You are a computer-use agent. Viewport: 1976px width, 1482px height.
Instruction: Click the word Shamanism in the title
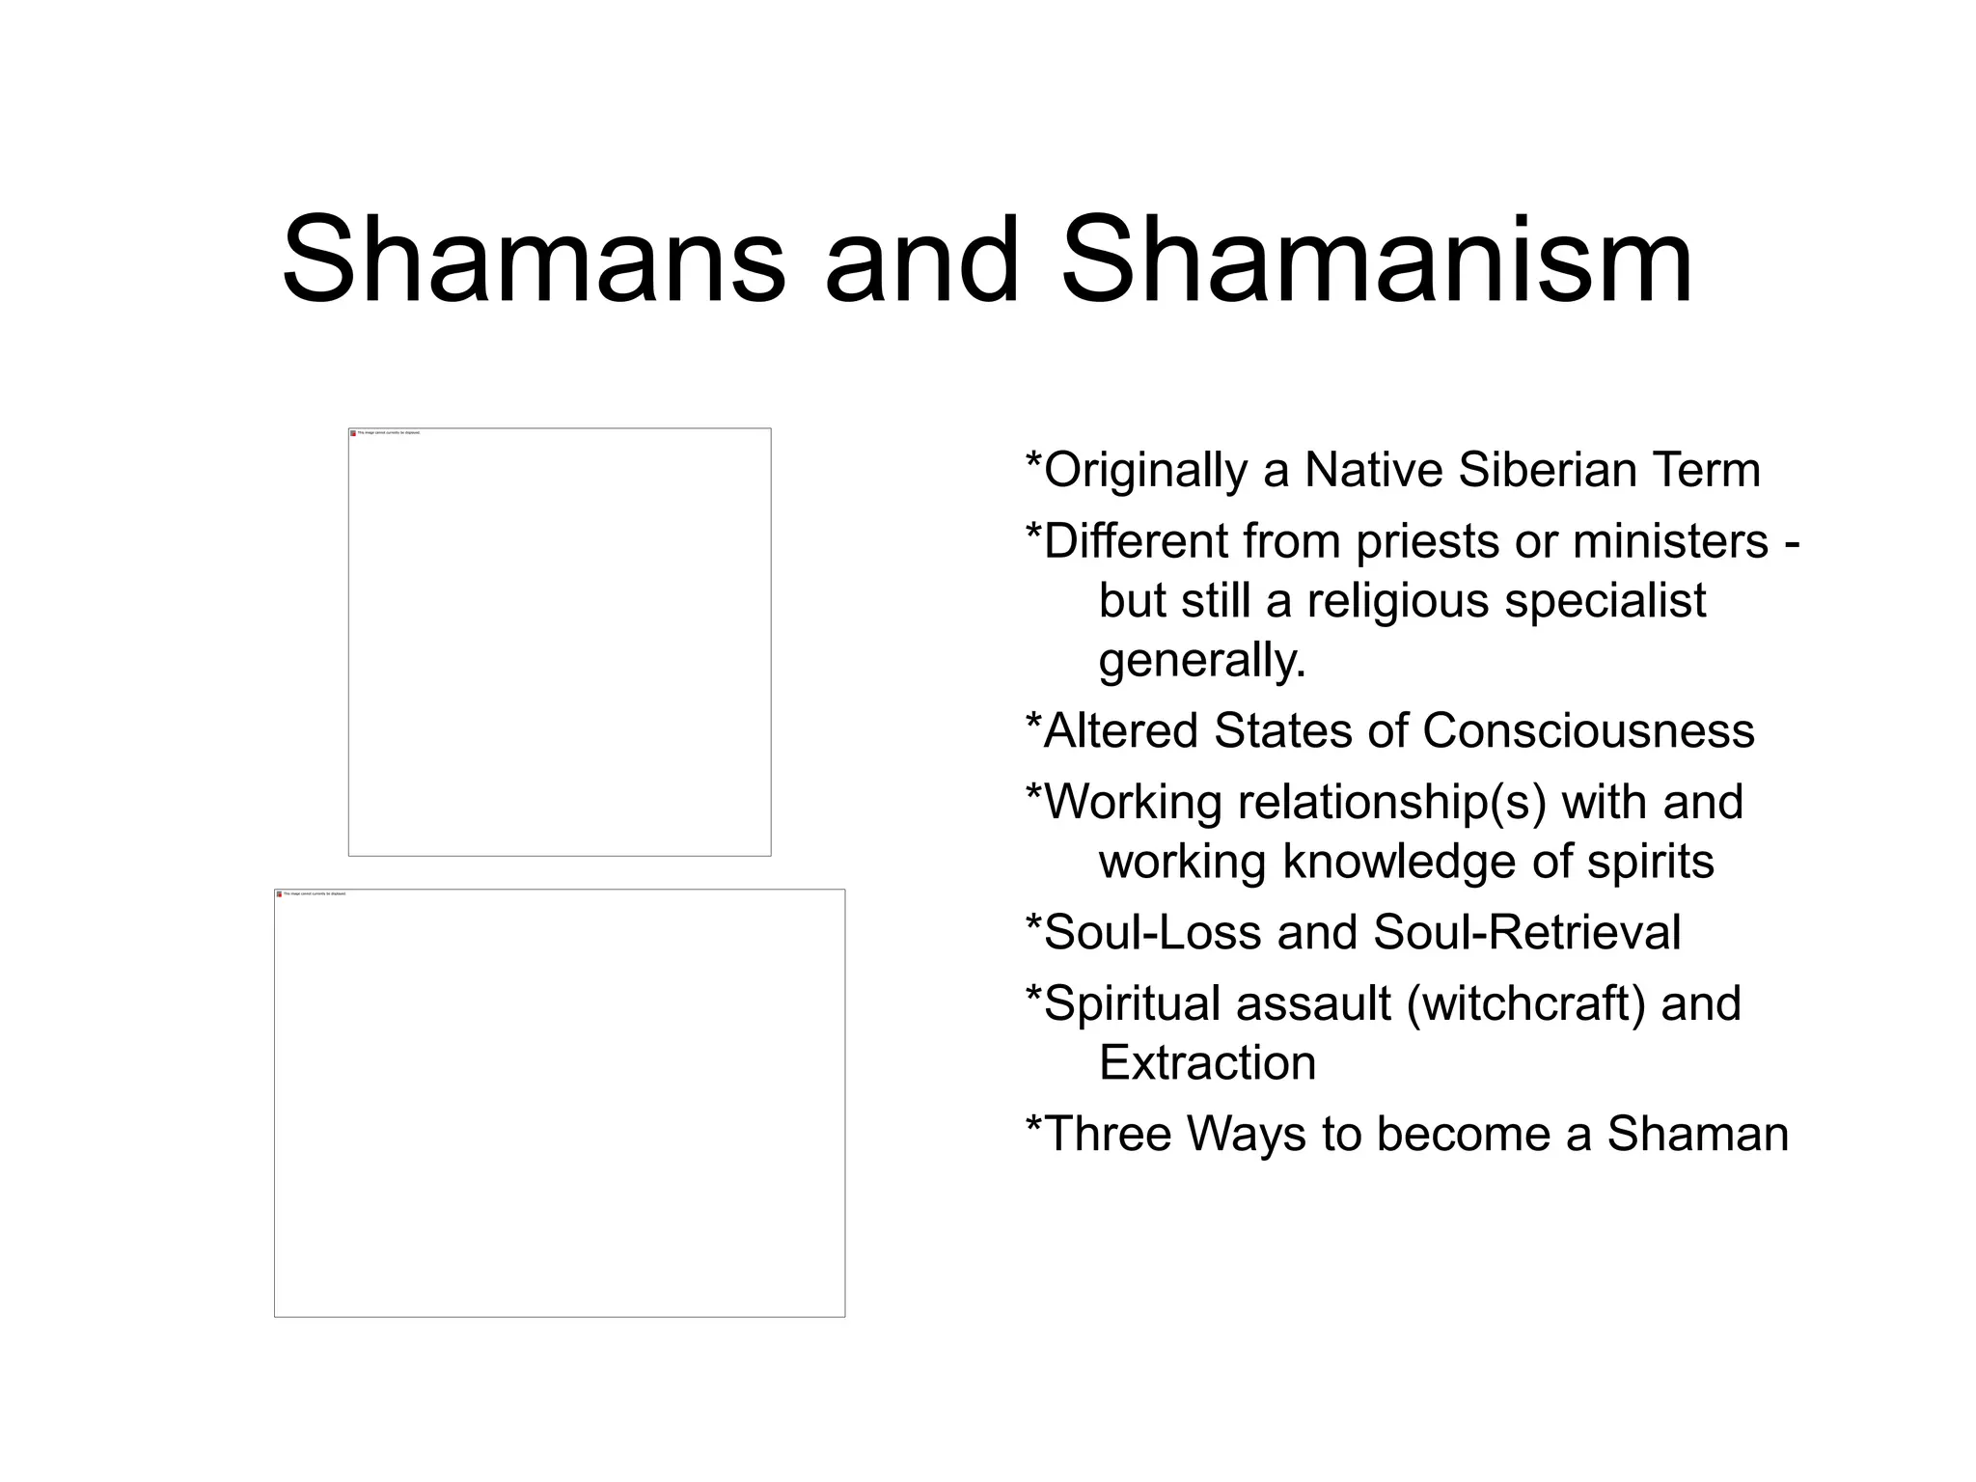click(x=1377, y=261)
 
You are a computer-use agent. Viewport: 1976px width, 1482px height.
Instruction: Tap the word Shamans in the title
click(x=534, y=261)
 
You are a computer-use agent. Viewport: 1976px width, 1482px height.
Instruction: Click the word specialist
click(x=1605, y=602)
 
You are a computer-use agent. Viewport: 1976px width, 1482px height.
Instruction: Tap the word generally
click(x=1201, y=662)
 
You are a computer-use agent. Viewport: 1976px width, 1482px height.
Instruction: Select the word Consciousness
click(x=1588, y=730)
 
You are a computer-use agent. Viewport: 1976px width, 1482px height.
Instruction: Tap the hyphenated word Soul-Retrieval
click(x=1526, y=933)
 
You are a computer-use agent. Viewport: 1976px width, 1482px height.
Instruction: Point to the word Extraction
click(x=1207, y=1063)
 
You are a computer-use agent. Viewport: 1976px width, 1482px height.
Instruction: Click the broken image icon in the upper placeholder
click(x=353, y=433)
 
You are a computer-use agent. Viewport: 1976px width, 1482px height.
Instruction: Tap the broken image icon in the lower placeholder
click(x=279, y=894)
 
